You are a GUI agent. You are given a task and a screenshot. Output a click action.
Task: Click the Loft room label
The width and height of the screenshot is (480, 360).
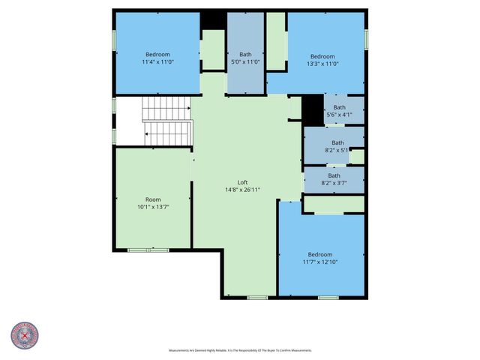tap(242, 182)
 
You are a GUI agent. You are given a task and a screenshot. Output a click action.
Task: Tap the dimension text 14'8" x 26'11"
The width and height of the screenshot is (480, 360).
tap(242, 190)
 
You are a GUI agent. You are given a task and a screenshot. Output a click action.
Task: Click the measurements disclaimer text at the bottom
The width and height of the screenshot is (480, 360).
tap(240, 350)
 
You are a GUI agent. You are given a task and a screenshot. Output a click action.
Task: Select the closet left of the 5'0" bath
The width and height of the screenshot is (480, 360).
tap(214, 50)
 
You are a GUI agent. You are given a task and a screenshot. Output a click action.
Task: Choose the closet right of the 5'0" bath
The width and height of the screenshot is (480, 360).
tap(276, 42)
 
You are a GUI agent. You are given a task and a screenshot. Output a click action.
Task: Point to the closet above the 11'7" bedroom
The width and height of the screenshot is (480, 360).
tap(334, 204)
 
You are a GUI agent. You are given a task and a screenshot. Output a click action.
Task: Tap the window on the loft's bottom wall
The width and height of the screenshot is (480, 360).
tap(257, 298)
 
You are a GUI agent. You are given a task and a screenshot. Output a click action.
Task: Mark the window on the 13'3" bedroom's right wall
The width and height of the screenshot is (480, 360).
tap(366, 39)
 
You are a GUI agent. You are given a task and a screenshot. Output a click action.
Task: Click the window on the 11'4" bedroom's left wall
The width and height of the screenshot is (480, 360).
tap(114, 40)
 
